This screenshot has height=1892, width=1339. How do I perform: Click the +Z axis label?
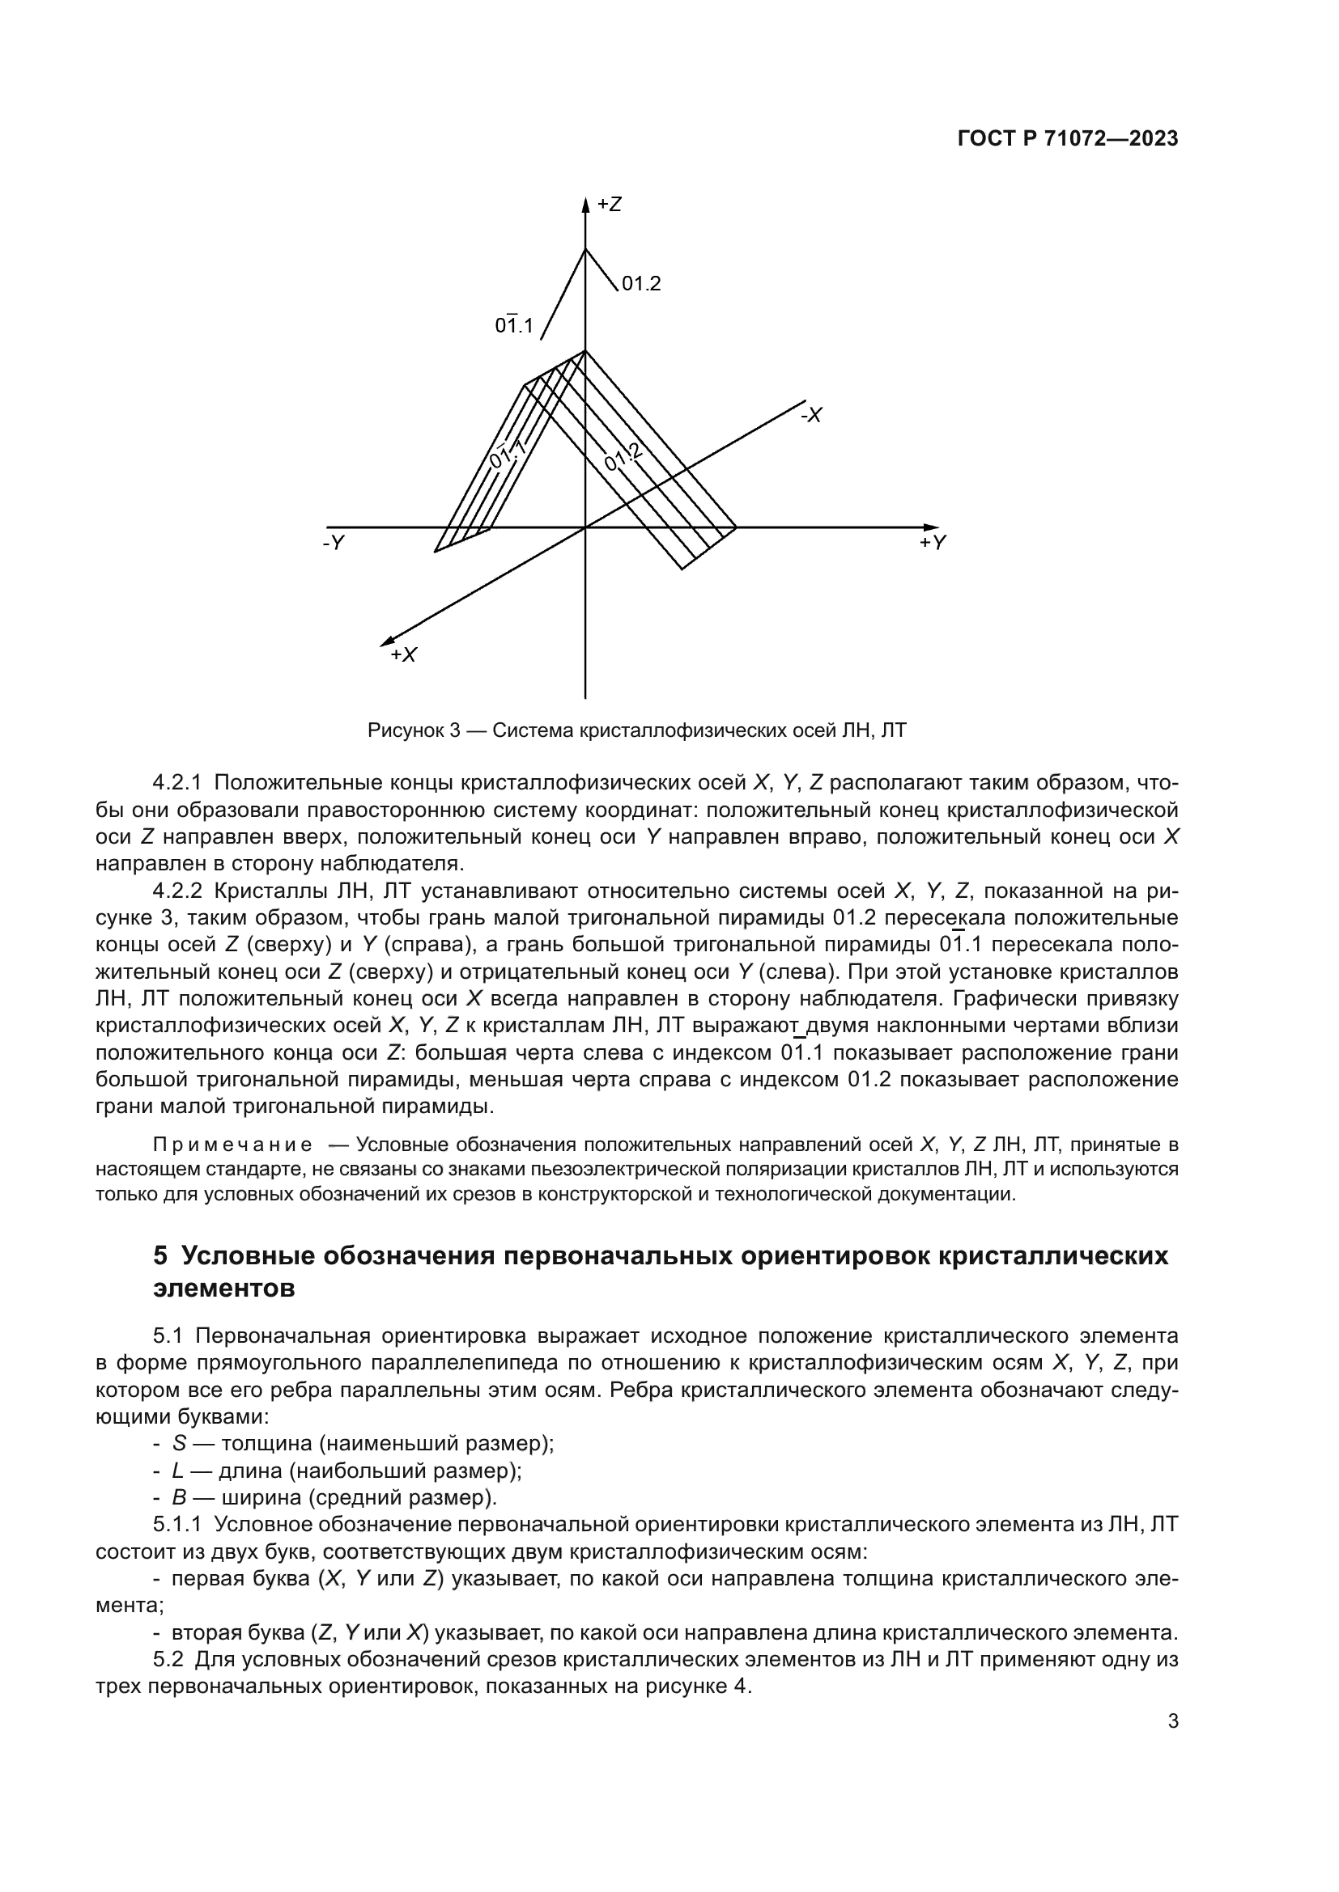[610, 205]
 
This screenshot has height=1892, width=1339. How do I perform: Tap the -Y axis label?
[333, 543]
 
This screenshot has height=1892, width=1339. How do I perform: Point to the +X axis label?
[404, 655]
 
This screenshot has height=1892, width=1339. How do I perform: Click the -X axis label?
[811, 415]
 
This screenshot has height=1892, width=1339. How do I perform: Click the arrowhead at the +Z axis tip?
[585, 205]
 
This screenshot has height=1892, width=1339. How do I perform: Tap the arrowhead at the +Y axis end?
[932, 527]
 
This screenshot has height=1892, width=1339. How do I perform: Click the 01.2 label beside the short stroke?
[640, 284]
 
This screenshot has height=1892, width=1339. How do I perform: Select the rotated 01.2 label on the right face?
[623, 457]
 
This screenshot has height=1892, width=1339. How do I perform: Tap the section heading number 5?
[160, 1256]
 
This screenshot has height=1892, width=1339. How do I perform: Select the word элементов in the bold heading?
[223, 1288]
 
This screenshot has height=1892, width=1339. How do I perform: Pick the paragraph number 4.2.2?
[177, 891]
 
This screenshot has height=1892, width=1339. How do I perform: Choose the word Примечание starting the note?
[232, 1145]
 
